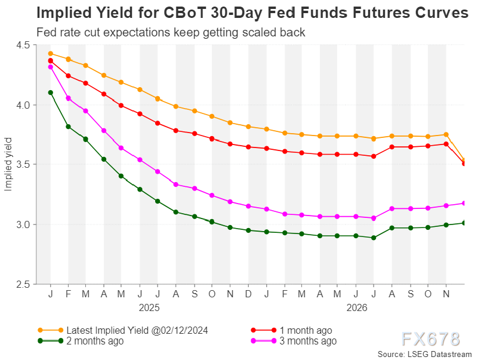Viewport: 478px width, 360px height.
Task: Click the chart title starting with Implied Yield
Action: pyautogui.click(x=252, y=13)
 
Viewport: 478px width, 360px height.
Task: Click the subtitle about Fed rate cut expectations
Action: pyautogui.click(x=171, y=32)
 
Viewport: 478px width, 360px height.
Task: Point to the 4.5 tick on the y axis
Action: pyautogui.click(x=27, y=45)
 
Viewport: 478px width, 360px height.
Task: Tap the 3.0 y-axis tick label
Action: pyautogui.click(x=27, y=224)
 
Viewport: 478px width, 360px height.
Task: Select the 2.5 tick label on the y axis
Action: pyautogui.click(x=27, y=284)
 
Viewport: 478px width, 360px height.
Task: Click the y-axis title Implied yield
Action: pyautogui.click(x=8, y=165)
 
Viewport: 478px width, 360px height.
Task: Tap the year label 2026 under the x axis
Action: pyautogui.click(x=356, y=307)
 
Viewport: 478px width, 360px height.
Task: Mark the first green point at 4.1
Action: pyautogui.click(x=51, y=93)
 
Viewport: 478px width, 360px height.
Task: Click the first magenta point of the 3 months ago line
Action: pyautogui.click(x=51, y=67)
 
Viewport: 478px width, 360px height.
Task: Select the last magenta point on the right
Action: pyautogui.click(x=464, y=203)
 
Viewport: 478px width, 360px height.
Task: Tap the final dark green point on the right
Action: pyautogui.click(x=464, y=223)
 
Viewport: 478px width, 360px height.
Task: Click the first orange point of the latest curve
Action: pyautogui.click(x=51, y=54)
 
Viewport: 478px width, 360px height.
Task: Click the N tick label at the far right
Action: pyautogui.click(x=446, y=295)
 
